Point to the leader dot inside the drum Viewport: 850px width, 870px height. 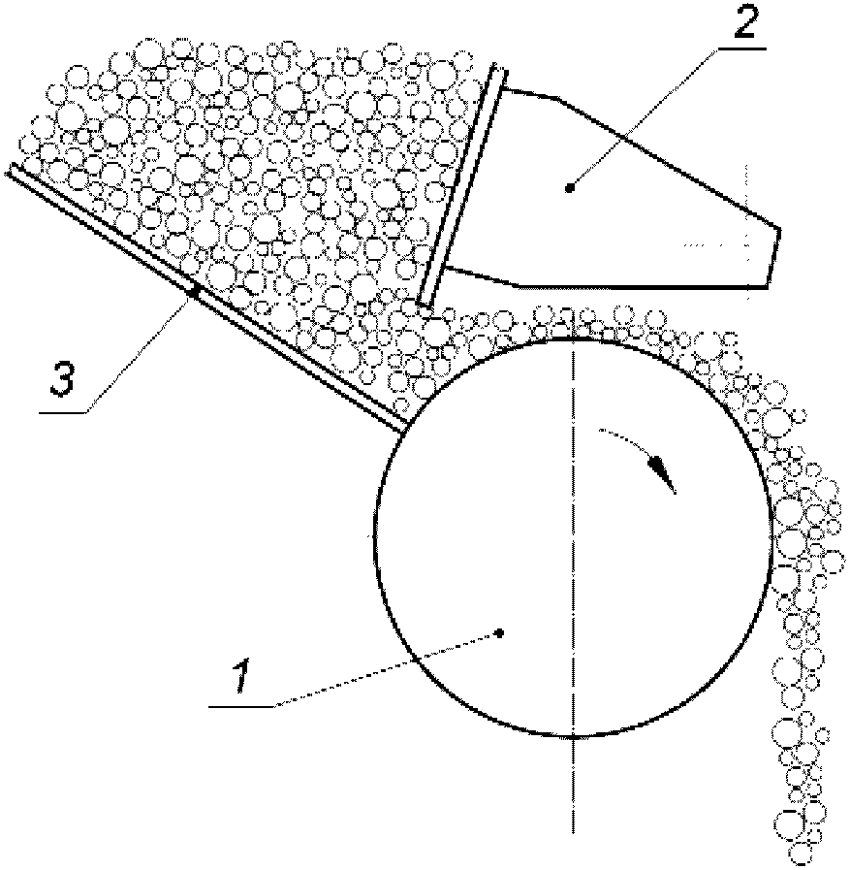point(499,631)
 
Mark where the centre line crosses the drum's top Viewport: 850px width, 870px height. point(576,337)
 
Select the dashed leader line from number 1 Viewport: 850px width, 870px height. point(388,669)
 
